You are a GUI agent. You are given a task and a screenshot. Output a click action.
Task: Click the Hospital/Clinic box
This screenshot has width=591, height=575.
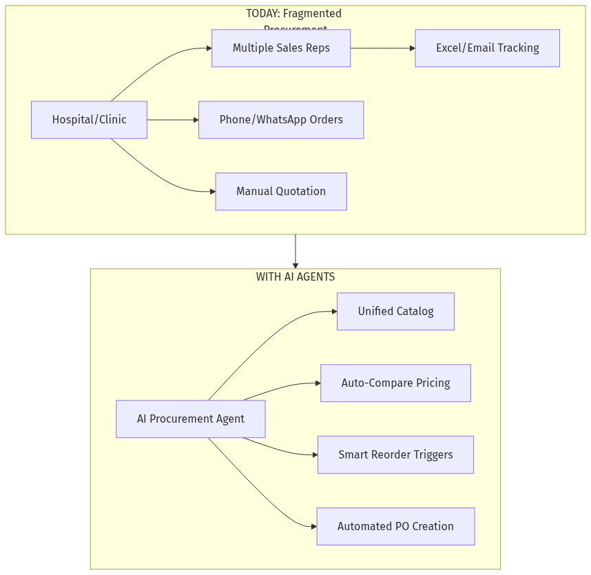[89, 120]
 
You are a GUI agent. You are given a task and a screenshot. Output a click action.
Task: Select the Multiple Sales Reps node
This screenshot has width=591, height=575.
[281, 48]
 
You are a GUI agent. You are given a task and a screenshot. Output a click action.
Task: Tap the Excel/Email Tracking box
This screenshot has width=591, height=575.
[487, 48]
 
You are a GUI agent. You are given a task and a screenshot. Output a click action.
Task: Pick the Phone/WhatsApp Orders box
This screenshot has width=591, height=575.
[281, 120]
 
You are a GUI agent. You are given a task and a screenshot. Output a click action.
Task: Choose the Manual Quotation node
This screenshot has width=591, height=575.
[281, 192]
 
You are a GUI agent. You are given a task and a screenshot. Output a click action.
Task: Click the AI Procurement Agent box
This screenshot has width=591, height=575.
[191, 419]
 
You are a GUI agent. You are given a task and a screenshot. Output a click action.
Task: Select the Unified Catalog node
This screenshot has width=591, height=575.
[395, 312]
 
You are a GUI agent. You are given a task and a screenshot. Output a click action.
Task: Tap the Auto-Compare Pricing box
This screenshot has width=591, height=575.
[395, 383]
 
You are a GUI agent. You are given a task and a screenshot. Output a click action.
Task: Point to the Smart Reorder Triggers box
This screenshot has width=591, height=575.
[395, 455]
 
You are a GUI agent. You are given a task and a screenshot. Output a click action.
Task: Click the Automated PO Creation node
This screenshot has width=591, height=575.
[395, 527]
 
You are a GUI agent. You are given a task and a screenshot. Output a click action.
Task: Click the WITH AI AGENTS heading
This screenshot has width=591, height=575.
[295, 277]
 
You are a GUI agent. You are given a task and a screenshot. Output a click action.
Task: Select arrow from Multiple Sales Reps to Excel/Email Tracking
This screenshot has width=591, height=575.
[382, 48]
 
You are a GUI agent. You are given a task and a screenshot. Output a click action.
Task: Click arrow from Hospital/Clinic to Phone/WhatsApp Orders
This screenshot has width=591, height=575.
[172, 120]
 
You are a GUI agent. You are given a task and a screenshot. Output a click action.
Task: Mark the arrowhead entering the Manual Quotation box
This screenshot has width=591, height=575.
[212, 192]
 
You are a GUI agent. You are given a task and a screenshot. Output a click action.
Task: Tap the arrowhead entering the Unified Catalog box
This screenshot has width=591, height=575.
[333, 312]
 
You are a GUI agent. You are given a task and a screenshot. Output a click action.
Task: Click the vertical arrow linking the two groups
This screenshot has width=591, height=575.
[295, 252]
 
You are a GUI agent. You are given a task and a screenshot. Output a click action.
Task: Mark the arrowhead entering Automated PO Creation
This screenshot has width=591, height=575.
[313, 527]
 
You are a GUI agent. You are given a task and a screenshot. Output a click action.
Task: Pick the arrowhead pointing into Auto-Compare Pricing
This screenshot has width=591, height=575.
[317, 383]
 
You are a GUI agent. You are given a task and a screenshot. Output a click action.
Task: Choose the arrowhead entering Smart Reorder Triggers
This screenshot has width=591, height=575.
[314, 455]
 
